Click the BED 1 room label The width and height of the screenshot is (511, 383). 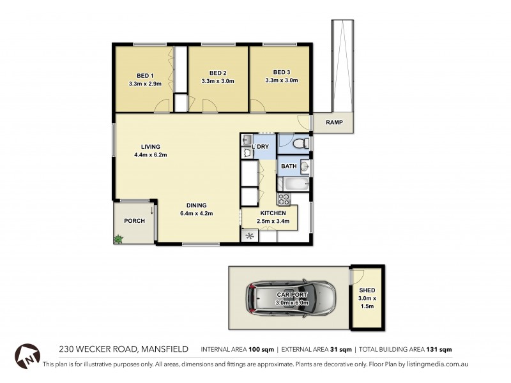click(x=145, y=72)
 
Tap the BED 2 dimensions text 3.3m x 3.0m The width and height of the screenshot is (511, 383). click(x=218, y=81)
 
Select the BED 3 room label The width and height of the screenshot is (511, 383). click(x=282, y=71)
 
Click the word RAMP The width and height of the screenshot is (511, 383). click(x=334, y=123)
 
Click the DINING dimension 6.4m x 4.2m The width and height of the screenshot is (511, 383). click(x=196, y=213)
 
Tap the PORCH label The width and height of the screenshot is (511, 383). click(x=134, y=221)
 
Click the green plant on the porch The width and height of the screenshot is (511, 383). click(x=118, y=239)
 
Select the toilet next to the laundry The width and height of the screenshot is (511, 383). click(x=301, y=146)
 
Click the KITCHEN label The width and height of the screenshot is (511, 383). click(x=273, y=213)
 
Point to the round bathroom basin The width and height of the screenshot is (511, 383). click(x=304, y=167)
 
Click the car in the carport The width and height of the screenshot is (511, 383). click(x=290, y=298)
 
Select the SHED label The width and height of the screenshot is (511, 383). click(x=367, y=290)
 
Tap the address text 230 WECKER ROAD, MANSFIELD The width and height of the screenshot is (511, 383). click(x=123, y=349)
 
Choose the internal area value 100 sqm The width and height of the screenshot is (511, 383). click(x=262, y=350)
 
